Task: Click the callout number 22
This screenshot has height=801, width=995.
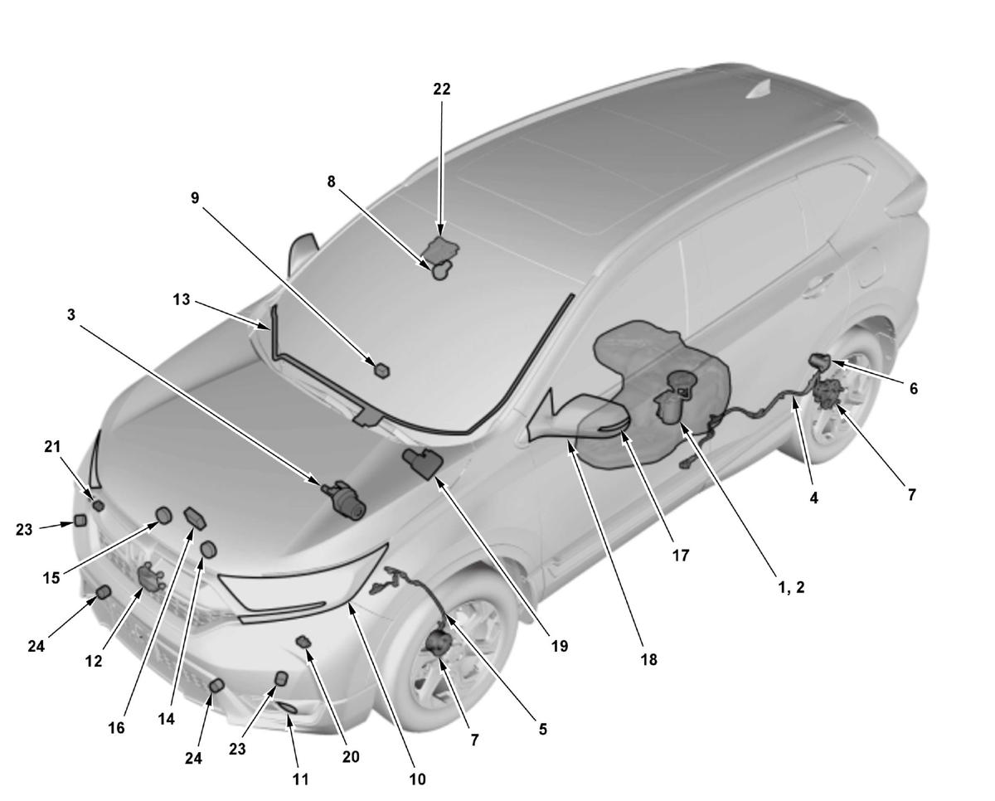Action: tap(442, 89)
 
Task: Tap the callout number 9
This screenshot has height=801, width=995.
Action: tap(195, 197)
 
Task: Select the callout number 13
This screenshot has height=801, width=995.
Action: tap(182, 299)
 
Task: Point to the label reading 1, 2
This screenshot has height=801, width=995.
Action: tap(792, 587)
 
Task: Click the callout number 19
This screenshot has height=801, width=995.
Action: tap(560, 646)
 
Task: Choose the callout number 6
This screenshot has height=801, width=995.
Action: tap(914, 388)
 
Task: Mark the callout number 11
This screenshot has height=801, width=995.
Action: tap(300, 779)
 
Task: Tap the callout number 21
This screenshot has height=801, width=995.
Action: tap(52, 446)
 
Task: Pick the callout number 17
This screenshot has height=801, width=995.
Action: tap(681, 555)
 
